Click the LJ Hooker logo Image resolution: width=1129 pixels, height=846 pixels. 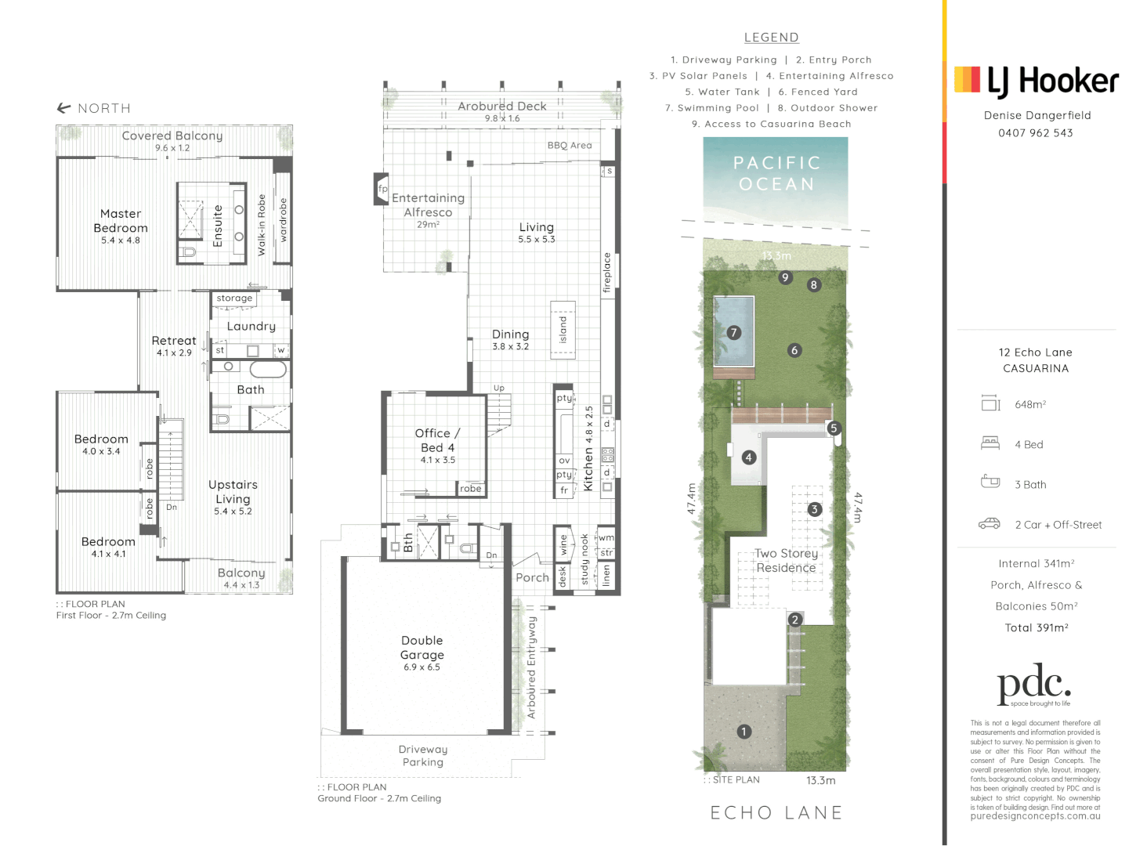click(1036, 81)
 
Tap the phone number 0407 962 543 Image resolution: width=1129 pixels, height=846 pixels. click(1035, 133)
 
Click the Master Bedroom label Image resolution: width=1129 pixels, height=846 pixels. click(121, 221)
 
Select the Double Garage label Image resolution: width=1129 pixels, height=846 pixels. click(422, 648)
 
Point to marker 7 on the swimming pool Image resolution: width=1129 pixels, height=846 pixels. click(734, 332)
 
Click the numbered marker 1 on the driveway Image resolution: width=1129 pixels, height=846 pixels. click(744, 732)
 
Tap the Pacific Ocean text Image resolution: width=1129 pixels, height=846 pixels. click(776, 173)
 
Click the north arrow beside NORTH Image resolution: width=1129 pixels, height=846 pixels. click(64, 108)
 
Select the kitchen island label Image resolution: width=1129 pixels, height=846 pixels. click(563, 330)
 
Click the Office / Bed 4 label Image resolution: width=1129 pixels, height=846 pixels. click(437, 440)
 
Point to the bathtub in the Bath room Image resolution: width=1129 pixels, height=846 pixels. click(268, 370)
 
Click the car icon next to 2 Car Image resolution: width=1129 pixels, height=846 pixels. click(990, 524)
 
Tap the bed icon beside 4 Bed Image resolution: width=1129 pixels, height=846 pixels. click(990, 443)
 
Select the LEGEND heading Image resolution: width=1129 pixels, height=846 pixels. click(771, 38)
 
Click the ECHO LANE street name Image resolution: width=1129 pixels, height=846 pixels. click(776, 813)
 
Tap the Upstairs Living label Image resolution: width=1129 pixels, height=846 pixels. click(233, 492)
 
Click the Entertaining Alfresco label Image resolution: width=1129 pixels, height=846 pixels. click(428, 205)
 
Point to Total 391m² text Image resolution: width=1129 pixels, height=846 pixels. click(1036, 627)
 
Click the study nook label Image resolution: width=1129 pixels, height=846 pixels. click(584, 559)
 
